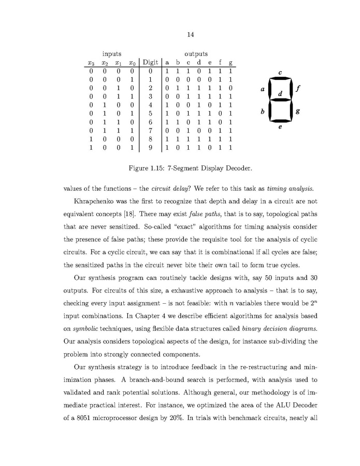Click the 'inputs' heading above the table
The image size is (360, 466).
(x=112, y=53)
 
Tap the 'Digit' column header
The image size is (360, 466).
(x=150, y=63)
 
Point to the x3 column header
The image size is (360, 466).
(x=91, y=63)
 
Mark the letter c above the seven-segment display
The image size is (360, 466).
(x=280, y=73)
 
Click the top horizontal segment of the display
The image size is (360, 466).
(x=280, y=79)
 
